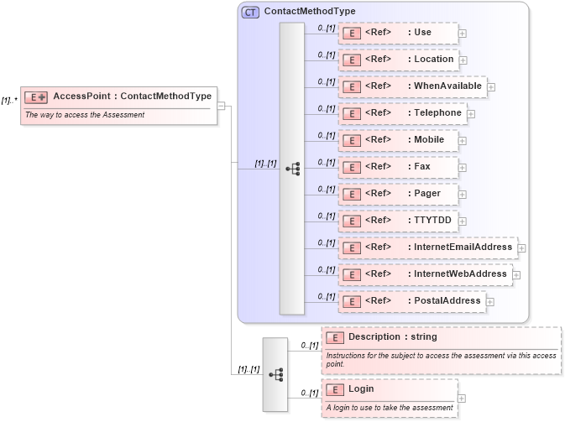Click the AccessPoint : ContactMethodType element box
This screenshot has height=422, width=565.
pos(119,96)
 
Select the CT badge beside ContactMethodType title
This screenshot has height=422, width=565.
pos(250,12)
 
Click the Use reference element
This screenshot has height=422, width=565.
pos(398,33)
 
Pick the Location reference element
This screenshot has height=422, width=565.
pos(398,60)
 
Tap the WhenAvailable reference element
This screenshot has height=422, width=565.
pos(412,86)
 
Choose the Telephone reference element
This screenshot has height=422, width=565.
pos(402,113)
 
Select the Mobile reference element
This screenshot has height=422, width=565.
pos(398,140)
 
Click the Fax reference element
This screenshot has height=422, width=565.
pos(398,167)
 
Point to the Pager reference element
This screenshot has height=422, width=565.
pos(398,194)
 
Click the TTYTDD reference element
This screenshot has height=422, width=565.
pos(398,221)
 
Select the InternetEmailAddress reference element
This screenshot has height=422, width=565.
pos(427,247)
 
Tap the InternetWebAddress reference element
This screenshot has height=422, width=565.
pos(425,274)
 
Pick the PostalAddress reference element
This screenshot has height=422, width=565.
pos(411,301)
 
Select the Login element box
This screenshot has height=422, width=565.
pos(390,390)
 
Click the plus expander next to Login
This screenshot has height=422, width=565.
pos(462,399)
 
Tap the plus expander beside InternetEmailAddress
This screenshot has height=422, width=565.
pos(521,248)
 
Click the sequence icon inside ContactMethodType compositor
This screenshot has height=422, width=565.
pos(292,169)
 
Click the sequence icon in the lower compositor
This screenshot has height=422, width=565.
pos(275,374)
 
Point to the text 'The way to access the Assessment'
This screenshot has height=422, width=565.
pos(85,115)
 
